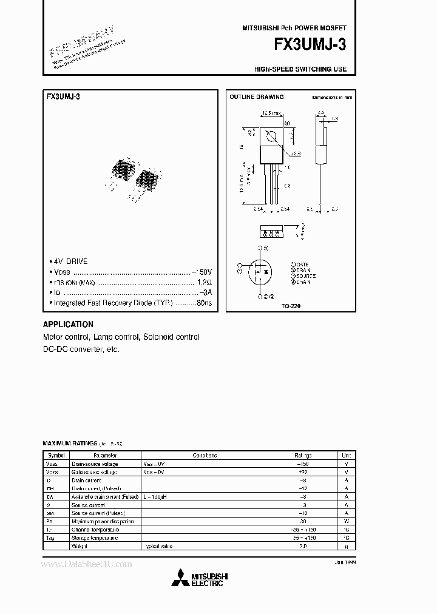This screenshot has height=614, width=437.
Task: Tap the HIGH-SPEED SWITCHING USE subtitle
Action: (300, 69)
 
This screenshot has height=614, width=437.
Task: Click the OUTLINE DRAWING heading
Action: (256, 97)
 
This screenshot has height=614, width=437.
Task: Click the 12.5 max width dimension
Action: (271, 113)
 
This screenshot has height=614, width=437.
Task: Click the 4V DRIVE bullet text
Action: (70, 261)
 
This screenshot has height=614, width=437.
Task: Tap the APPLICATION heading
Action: (68, 325)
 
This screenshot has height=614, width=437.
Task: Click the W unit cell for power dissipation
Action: (346, 521)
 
